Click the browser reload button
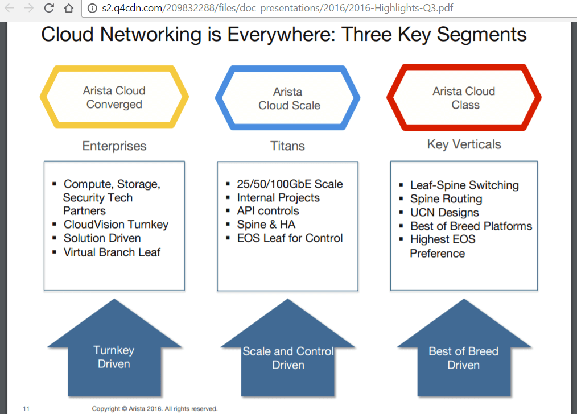(49, 9)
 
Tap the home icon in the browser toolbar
(68, 9)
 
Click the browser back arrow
(10, 9)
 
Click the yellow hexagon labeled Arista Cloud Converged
(114, 97)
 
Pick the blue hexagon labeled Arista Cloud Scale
(288, 98)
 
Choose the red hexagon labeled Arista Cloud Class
(464, 98)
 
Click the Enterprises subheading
(114, 146)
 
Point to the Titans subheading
(287, 146)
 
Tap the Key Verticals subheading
(464, 144)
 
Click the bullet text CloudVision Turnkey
(116, 225)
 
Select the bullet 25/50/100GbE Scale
(290, 184)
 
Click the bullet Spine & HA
(266, 225)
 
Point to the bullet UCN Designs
(444, 212)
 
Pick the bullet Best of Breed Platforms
(471, 226)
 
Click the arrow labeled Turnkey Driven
(114, 357)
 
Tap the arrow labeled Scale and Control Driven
(288, 358)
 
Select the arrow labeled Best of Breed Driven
(463, 358)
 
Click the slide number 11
(26, 408)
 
